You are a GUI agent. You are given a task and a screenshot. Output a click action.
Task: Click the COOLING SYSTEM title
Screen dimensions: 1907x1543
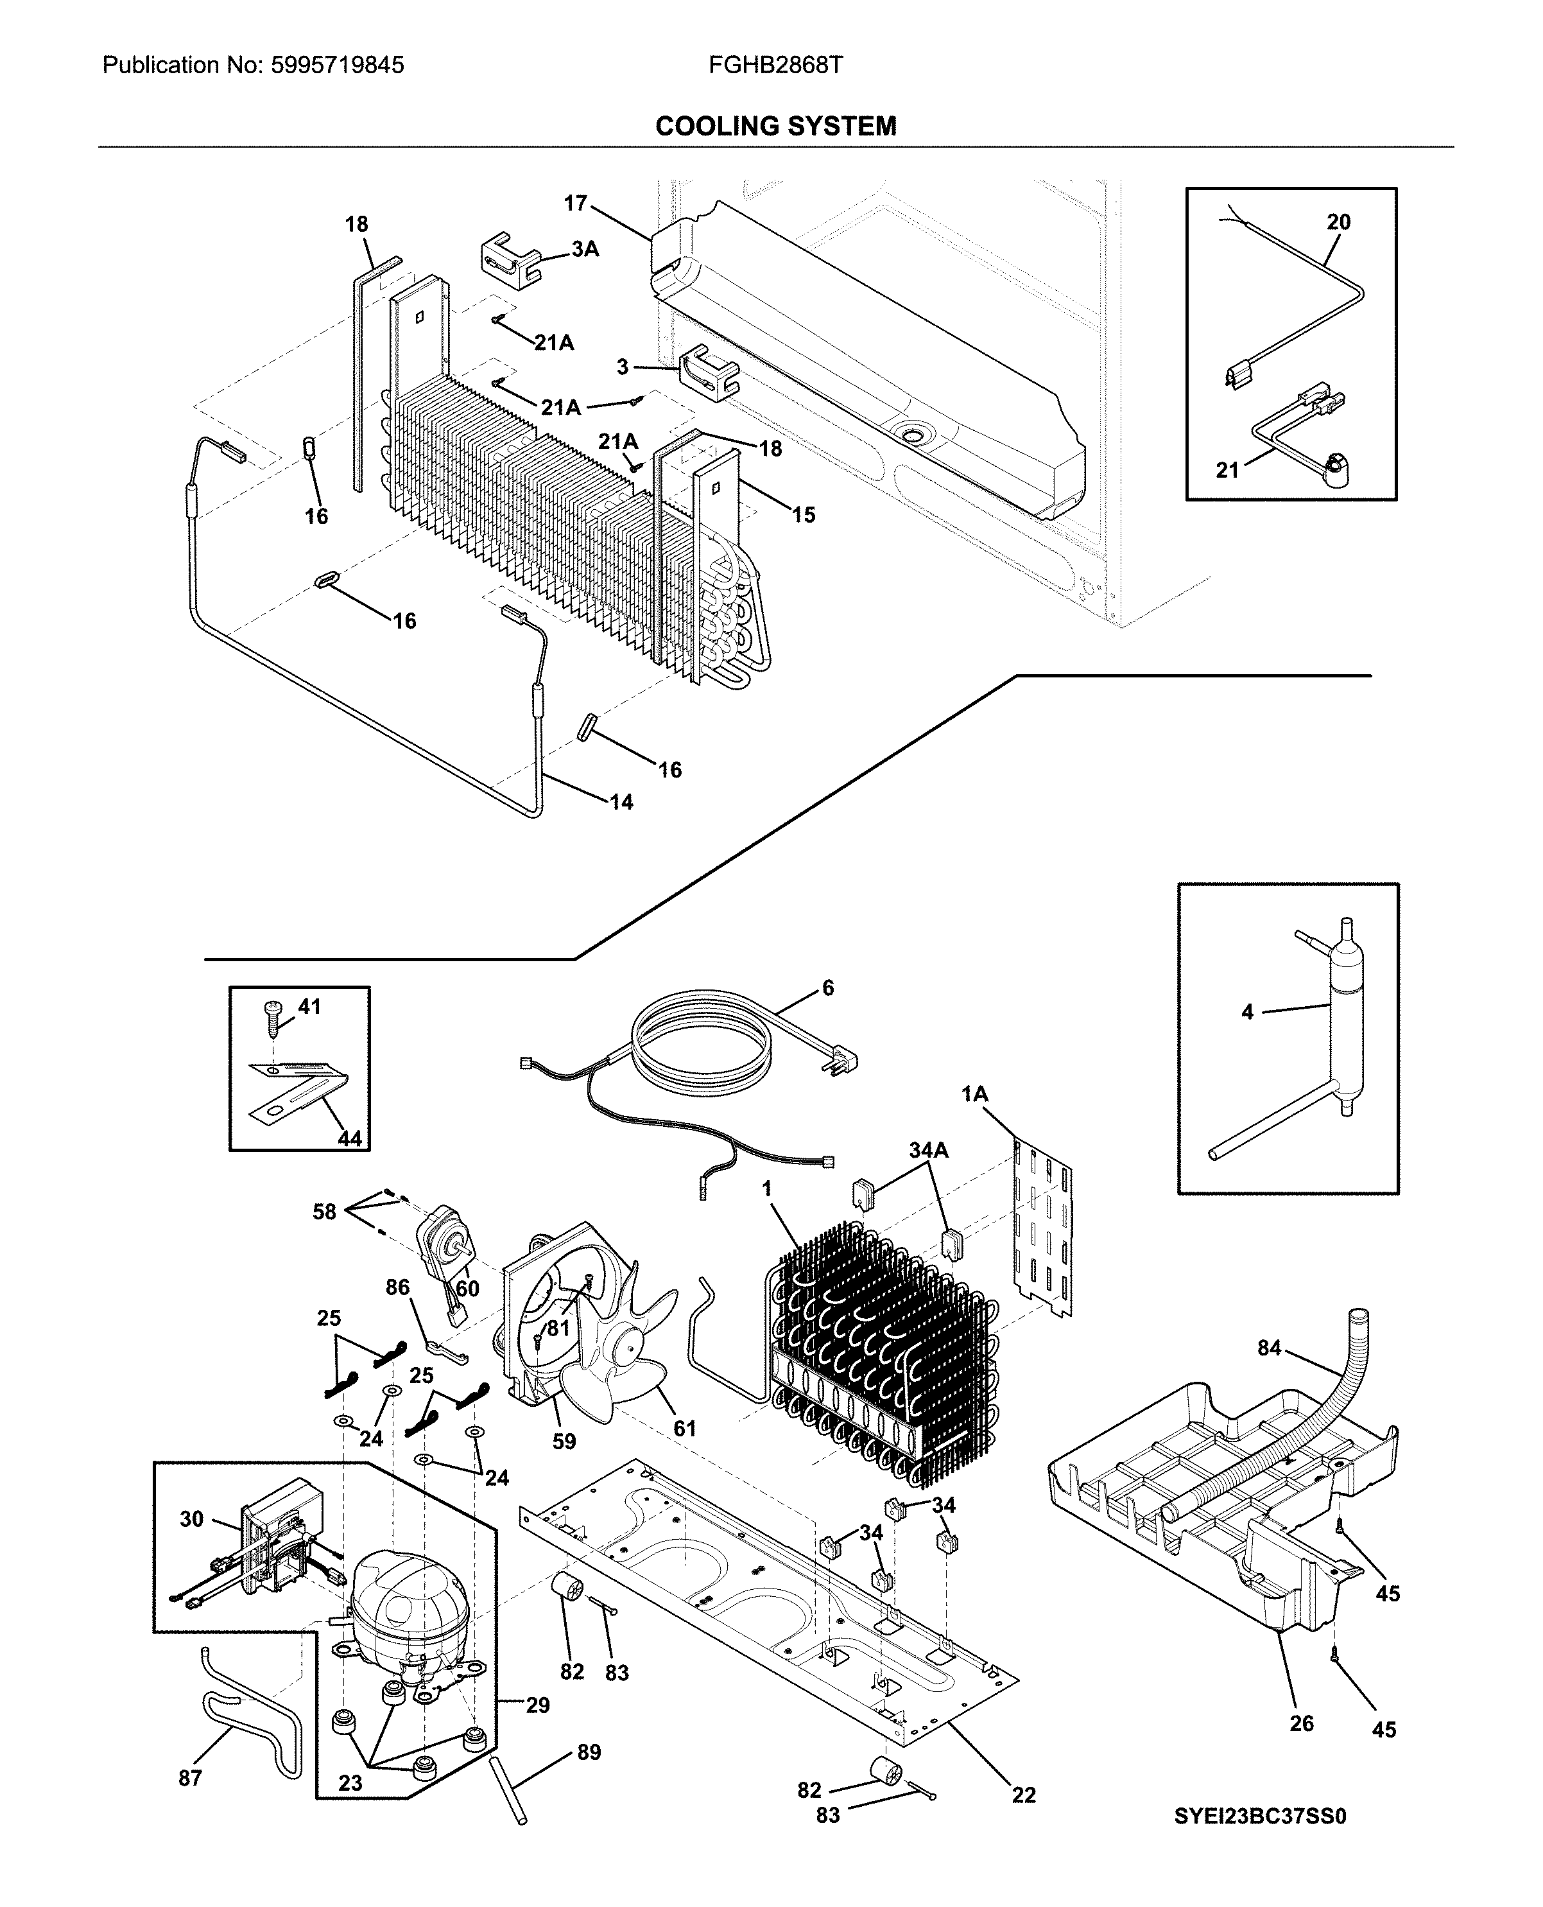pos(775,126)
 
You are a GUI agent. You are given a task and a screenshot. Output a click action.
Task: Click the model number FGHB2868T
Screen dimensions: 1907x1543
pos(775,65)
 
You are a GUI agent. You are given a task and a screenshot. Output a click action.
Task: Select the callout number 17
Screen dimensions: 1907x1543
pos(575,203)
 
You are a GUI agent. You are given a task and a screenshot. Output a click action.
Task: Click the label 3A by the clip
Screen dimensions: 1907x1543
pos(584,250)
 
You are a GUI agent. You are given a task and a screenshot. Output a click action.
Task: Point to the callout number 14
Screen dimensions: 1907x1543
pos(621,802)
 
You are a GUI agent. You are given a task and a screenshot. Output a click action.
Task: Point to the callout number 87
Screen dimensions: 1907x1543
pos(190,1778)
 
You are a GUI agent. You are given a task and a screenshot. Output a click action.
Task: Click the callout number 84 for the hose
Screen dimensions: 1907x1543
pos(1269,1348)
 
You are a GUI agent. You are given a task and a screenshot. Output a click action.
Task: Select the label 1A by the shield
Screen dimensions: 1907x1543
pos(974,1094)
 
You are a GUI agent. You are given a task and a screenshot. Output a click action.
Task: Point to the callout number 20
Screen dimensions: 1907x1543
pos(1338,222)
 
